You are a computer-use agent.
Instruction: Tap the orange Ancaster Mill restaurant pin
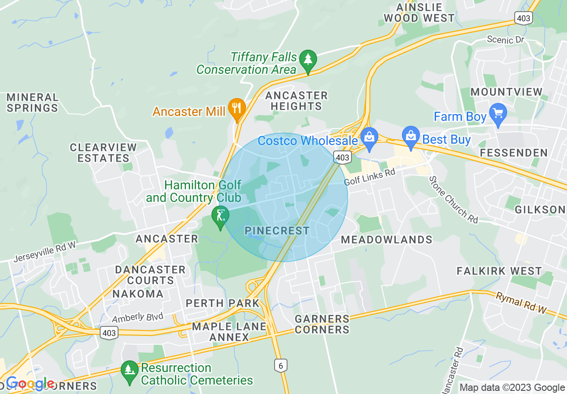click(x=237, y=108)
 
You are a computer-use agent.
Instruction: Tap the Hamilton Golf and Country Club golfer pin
click(x=220, y=216)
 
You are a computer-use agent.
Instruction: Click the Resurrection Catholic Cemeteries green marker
click(x=130, y=370)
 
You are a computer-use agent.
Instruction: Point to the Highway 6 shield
click(x=280, y=365)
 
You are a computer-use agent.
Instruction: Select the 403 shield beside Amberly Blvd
click(x=109, y=333)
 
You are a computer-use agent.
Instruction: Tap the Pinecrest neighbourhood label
click(x=277, y=231)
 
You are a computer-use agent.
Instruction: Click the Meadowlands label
click(x=386, y=240)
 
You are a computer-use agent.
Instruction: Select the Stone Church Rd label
click(x=453, y=199)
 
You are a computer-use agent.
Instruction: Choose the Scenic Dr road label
click(x=505, y=40)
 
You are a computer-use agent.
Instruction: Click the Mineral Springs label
click(x=32, y=103)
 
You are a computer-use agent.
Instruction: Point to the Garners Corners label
click(x=322, y=324)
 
